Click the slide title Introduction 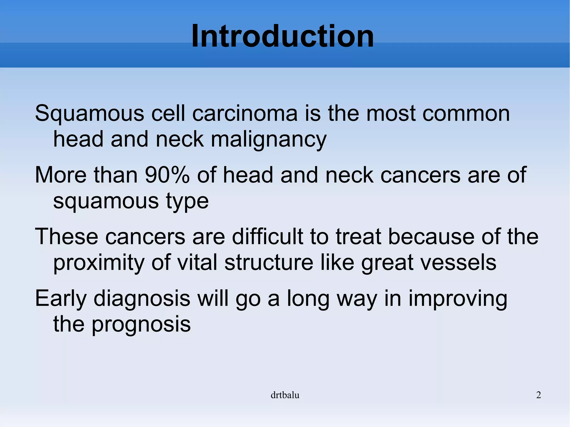[x=282, y=36]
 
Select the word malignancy [x=269, y=140]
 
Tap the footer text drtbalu [x=285, y=395]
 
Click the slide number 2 [x=539, y=395]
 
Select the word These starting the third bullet [x=67, y=237]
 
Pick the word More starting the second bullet [x=61, y=175]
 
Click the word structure [x=269, y=263]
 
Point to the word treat [x=358, y=237]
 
